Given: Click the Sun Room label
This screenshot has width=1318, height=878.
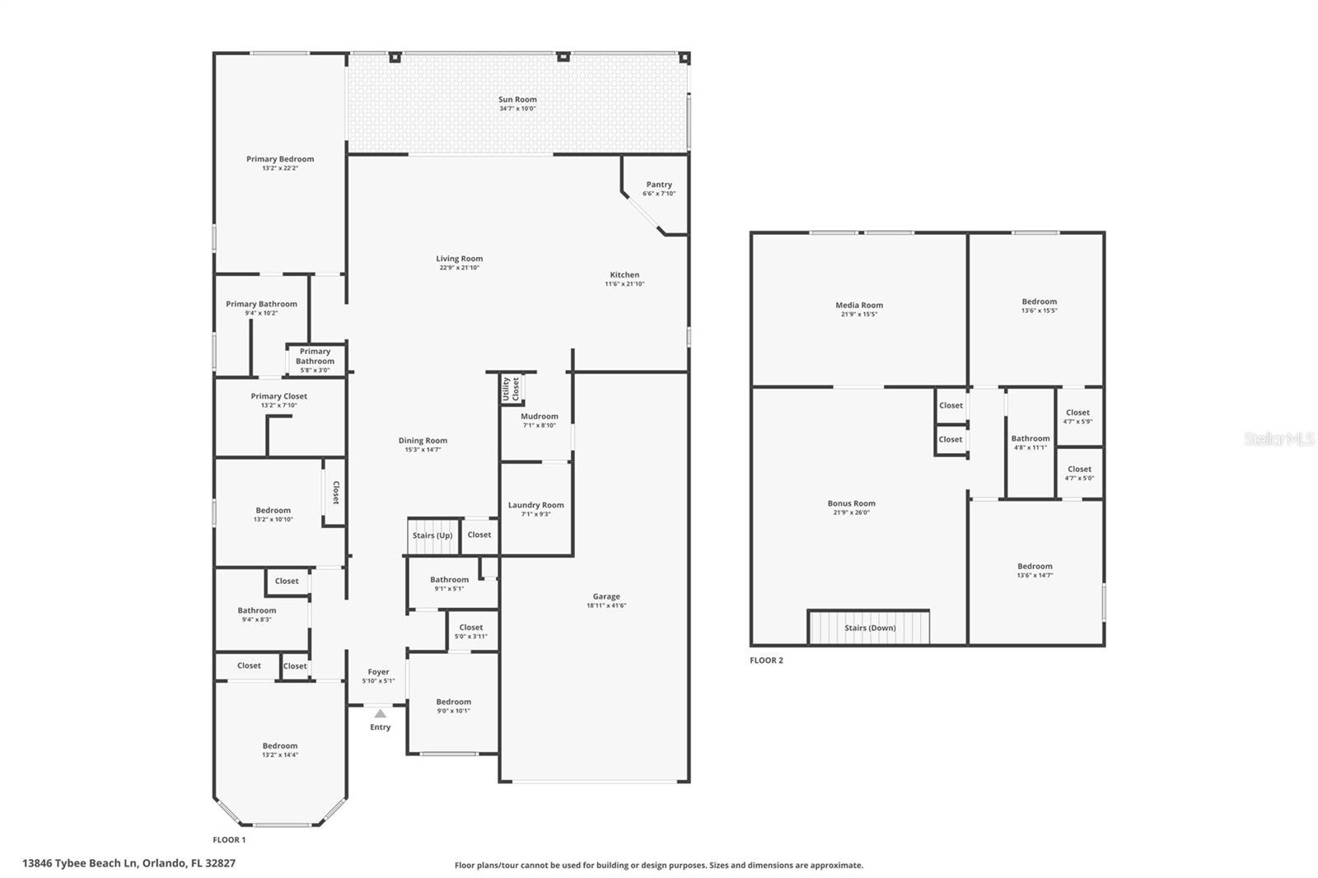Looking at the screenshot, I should coord(517,100).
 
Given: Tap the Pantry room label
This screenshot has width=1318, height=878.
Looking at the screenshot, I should coord(659,184).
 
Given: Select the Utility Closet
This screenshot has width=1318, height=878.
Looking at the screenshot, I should coord(512,390).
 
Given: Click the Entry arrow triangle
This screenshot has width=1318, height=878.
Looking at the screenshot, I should coord(380,713).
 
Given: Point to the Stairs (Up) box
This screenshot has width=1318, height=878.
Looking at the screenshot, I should coord(432,536).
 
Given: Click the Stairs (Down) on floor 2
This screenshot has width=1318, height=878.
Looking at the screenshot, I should coord(870,628).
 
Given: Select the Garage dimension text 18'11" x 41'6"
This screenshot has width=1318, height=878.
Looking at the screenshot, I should coord(605,605).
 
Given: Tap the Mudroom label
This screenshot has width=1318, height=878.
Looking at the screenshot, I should coord(540,416).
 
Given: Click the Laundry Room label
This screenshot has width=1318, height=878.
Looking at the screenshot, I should coord(535,505).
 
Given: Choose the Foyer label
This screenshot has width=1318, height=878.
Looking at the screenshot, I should coord(378,672).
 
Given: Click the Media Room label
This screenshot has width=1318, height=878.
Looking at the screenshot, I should coord(859,306).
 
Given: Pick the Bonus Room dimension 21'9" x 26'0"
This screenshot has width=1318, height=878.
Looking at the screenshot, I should coord(852,512).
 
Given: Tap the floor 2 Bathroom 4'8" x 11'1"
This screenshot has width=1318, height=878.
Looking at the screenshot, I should coord(1031,443).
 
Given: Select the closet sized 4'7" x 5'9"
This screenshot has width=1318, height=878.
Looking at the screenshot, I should coord(1077,417).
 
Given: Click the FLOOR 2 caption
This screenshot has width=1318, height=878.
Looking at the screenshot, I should coord(766,661).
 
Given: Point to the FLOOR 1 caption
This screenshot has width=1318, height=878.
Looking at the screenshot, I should coord(229,840).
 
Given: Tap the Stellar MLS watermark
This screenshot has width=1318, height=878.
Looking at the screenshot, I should coord(1278,439).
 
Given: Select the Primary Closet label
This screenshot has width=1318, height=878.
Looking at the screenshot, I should coord(279,396).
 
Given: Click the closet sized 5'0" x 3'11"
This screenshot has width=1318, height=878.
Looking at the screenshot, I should coord(471,632).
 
